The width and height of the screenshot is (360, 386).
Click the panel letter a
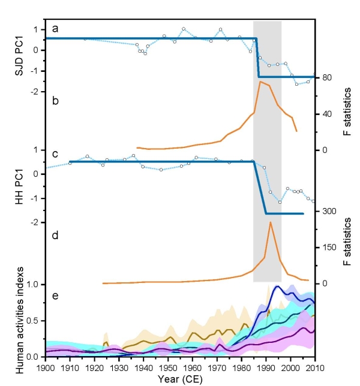tap(55, 28)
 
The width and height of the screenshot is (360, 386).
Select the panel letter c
tap(55, 154)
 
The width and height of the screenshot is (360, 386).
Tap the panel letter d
tap(55, 235)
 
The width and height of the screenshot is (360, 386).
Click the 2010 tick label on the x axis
tap(315, 367)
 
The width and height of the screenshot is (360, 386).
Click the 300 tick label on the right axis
tap(328, 211)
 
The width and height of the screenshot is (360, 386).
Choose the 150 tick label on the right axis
tap(328, 248)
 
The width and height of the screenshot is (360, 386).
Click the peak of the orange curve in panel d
tap(271, 222)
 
